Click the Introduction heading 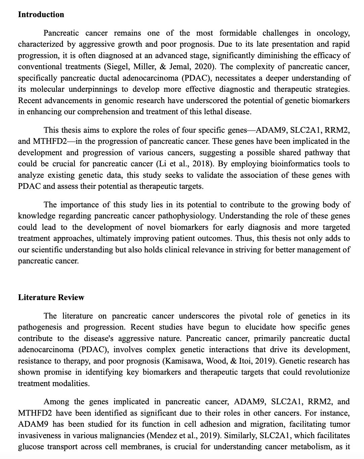point(41,15)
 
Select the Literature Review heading point(51,297)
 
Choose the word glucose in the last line point(30,447)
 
